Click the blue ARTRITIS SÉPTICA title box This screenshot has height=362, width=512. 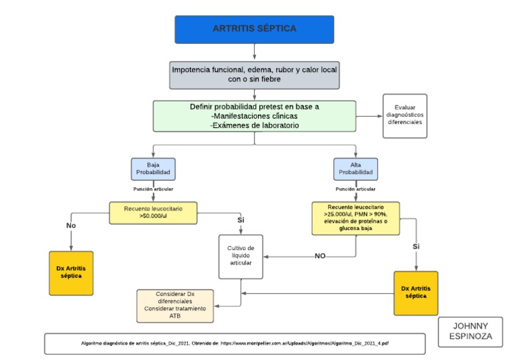tap(255, 29)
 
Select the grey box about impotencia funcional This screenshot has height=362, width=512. tap(254, 74)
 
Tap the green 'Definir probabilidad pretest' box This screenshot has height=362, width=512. tap(254, 116)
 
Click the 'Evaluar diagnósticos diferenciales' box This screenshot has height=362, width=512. tap(405, 116)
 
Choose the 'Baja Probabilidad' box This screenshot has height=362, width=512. tap(153, 169)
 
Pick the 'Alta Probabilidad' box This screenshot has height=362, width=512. tap(355, 169)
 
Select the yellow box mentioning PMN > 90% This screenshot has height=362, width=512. tap(355, 218)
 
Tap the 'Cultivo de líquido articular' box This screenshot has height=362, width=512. tap(241, 256)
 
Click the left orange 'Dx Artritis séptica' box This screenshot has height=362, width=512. tap(71, 273)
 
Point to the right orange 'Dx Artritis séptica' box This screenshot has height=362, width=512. tap(416, 293)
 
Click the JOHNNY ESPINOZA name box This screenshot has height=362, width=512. tap(474, 331)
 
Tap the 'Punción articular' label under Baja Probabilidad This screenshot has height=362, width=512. tap(153, 189)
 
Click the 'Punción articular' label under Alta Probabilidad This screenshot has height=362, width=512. tap(355, 189)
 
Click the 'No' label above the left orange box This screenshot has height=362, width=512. tap(71, 226)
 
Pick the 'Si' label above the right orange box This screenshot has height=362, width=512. tap(416, 247)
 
